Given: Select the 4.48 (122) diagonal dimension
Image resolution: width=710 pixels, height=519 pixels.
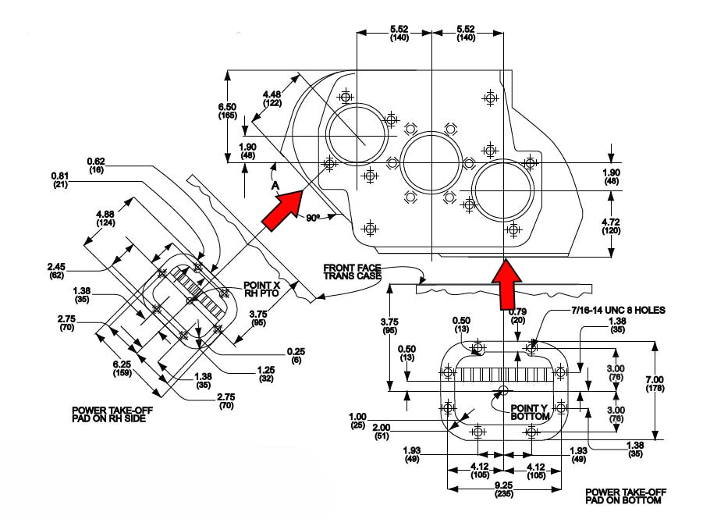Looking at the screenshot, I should tap(273, 98).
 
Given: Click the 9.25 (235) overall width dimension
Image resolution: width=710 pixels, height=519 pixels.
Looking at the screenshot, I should tap(502, 489).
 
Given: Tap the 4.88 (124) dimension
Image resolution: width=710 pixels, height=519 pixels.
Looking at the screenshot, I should tap(107, 219).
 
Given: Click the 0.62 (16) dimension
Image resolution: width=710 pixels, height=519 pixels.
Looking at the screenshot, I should tap(97, 165).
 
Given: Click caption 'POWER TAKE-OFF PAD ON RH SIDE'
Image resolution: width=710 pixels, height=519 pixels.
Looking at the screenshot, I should tap(109, 414).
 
